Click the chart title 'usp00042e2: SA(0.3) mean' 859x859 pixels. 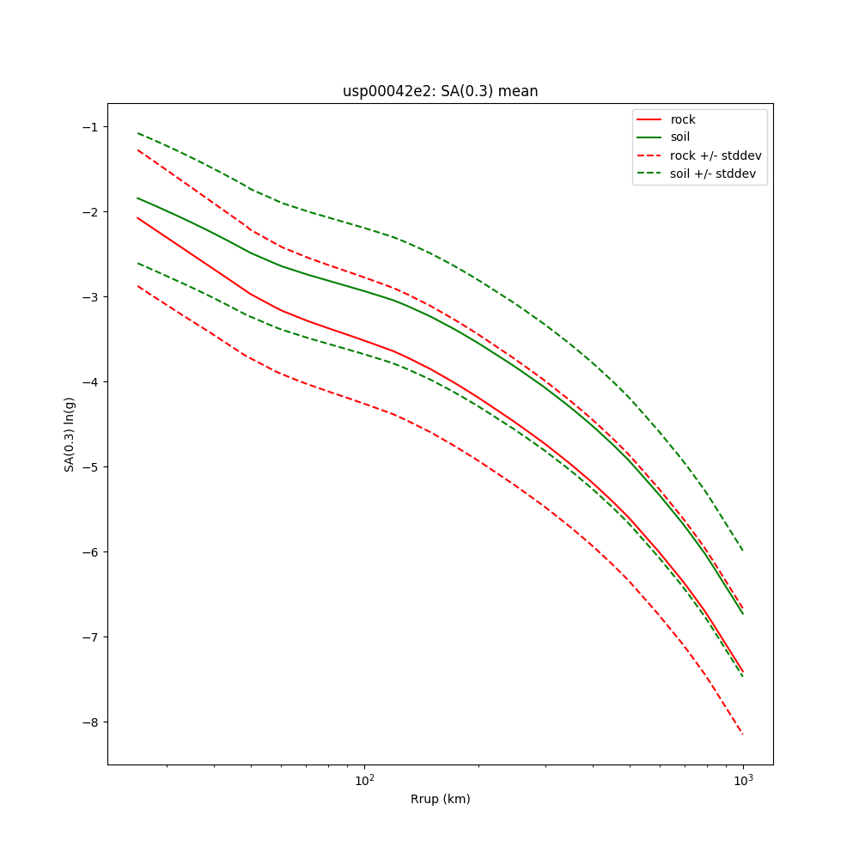[440, 91]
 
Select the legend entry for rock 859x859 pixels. [683, 119]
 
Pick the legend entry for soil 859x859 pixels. [679, 137]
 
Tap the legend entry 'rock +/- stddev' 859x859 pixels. [716, 155]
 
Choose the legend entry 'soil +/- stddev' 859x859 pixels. [715, 173]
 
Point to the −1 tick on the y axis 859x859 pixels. [89, 127]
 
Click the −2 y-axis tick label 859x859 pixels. [89, 212]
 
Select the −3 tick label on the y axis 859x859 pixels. [89, 297]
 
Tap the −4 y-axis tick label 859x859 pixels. [89, 382]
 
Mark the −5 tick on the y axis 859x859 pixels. [89, 467]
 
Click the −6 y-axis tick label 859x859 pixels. [89, 552]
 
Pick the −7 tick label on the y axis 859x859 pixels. [89, 637]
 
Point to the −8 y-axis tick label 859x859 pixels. [89, 722]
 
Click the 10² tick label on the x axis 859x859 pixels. [365, 781]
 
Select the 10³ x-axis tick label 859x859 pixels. [743, 781]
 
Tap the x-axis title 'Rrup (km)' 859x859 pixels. [440, 799]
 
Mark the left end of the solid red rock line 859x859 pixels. [137, 217]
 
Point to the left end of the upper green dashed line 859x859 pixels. [137, 133]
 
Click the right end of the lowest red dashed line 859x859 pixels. [743, 734]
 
